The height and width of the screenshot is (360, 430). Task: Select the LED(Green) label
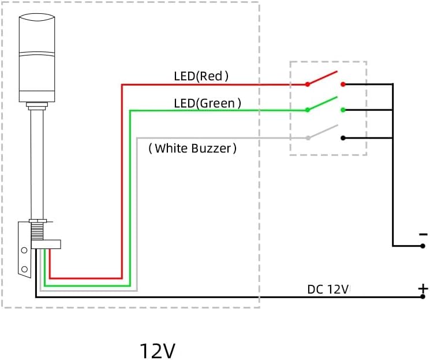pos(207,103)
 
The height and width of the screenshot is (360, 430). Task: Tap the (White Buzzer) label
pos(193,149)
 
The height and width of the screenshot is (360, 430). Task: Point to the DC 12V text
pos(328,289)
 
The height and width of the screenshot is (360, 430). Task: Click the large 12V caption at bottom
pos(157,350)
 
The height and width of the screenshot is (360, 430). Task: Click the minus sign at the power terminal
pos(423,234)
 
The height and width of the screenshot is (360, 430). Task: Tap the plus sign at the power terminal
pos(423,288)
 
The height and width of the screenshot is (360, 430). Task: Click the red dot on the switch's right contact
pos(343,84)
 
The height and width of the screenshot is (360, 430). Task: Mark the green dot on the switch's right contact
pos(343,110)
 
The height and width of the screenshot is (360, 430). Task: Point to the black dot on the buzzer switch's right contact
pos(343,138)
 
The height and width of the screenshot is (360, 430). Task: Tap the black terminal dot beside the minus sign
pos(423,246)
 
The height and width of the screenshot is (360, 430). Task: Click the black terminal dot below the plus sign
pos(423,297)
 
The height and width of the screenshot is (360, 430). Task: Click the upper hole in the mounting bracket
pos(24,250)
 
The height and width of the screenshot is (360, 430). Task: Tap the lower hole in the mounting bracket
pos(24,269)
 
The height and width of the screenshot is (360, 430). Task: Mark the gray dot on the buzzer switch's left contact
pos(308,138)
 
